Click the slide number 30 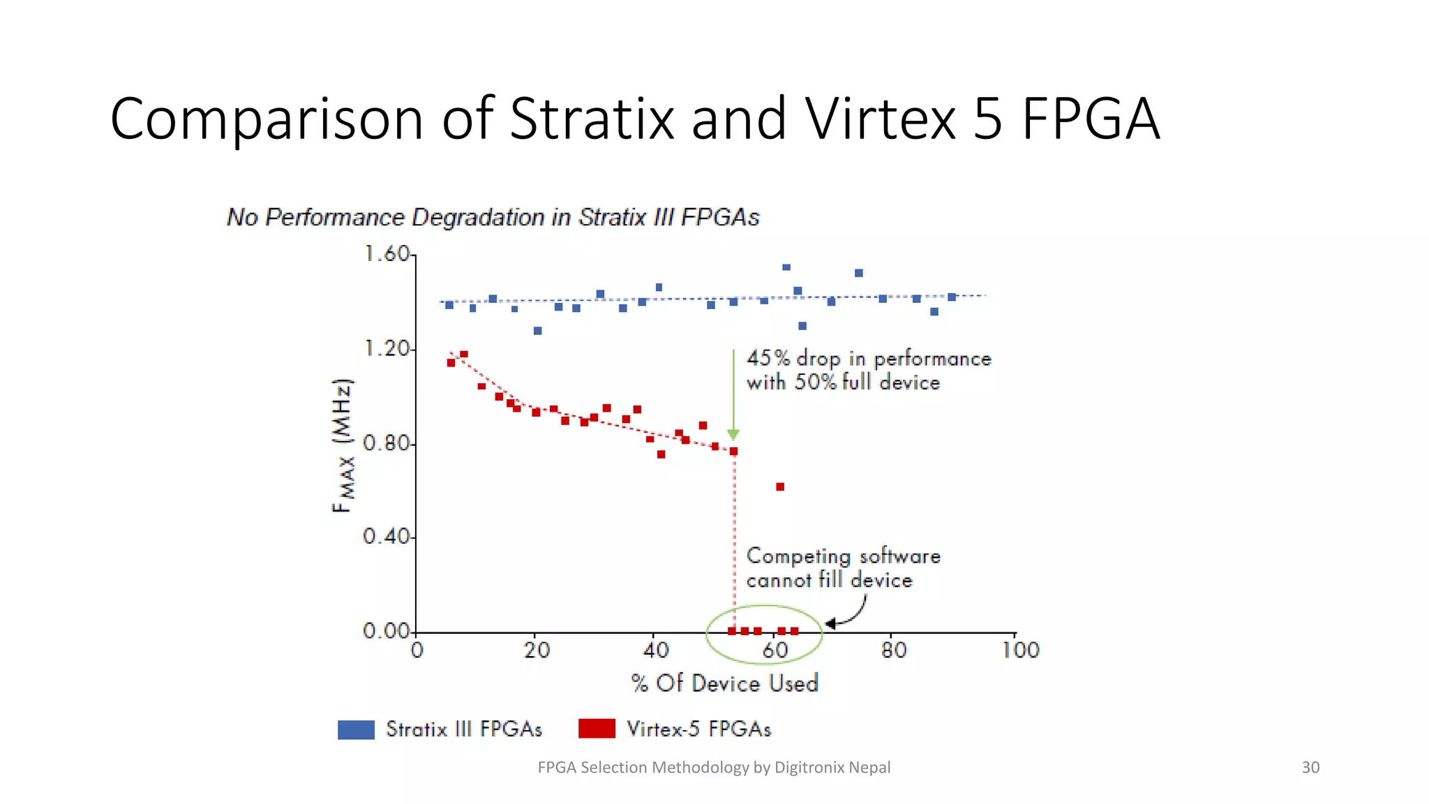point(1310,767)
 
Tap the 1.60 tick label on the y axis point(387,254)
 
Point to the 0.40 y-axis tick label point(387,537)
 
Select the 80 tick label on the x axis point(893,650)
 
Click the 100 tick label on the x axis point(1020,650)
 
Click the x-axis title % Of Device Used point(724,683)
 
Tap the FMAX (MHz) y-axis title point(343,445)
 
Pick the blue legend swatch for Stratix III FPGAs point(356,729)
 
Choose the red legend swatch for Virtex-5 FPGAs point(597,729)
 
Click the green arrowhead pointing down point(733,435)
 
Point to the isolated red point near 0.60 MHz point(780,486)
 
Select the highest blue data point point(786,267)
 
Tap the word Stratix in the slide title point(592,119)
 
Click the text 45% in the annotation point(768,358)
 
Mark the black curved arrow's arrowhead point(830,623)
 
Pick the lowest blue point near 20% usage point(537,331)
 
